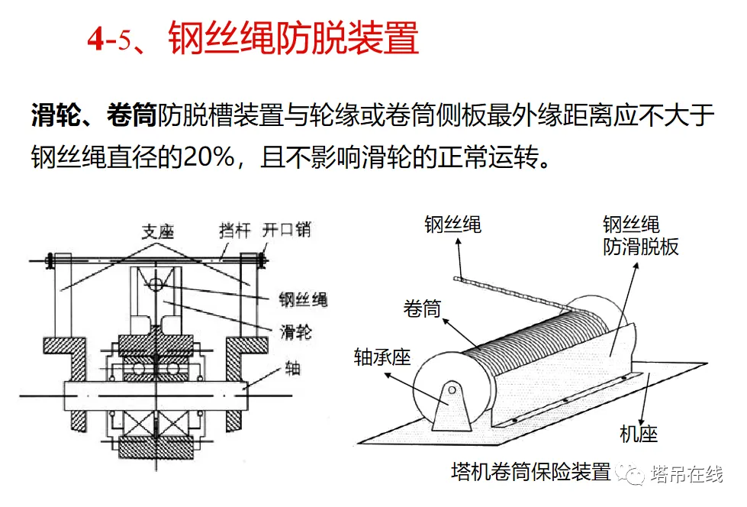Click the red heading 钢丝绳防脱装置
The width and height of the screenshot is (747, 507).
tap(294, 37)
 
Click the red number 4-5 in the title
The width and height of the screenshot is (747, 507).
tap(109, 38)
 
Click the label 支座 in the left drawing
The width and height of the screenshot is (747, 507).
tap(158, 232)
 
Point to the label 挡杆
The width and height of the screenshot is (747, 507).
tap(234, 231)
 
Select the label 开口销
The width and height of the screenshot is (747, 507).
tap(286, 229)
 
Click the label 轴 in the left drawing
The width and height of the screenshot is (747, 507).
tap(292, 368)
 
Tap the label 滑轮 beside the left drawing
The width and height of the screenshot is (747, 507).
tap(296, 331)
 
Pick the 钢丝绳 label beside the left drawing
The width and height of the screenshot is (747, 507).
tap(303, 299)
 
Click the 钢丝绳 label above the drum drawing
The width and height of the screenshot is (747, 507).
tap(452, 224)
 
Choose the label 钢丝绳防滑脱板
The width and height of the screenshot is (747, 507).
tap(640, 236)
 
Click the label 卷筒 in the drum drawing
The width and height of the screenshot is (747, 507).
tap(422, 308)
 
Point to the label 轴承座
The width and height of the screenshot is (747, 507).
tap(382, 357)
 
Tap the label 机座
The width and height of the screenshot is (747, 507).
tap(639, 434)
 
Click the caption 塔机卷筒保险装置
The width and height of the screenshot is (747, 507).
tap(531, 472)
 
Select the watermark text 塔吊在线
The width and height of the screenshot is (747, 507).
tap(687, 473)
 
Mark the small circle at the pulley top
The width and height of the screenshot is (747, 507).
tap(156, 284)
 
